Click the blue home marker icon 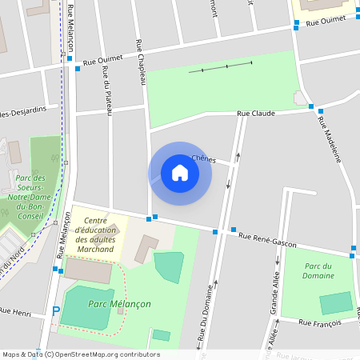click(179, 173)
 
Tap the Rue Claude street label click(255, 114)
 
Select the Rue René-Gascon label click(267, 238)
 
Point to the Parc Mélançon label click(120, 304)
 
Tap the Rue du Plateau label click(108, 92)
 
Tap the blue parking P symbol click(55, 311)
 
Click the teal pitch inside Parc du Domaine click(336, 303)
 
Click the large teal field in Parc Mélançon click(87, 308)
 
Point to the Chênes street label click(204, 158)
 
